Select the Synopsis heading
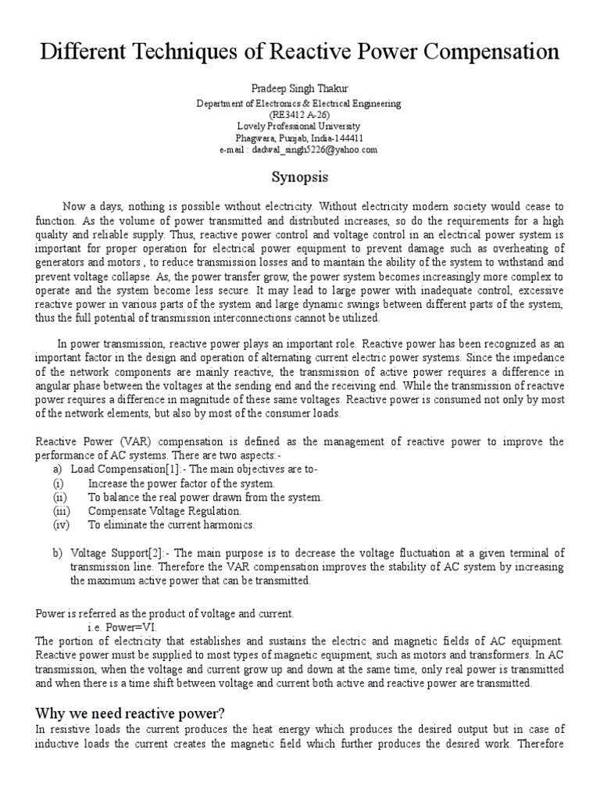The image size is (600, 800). tap(299, 177)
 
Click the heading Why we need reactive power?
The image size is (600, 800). tap(130, 712)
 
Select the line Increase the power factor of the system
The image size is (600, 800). tap(181, 484)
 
